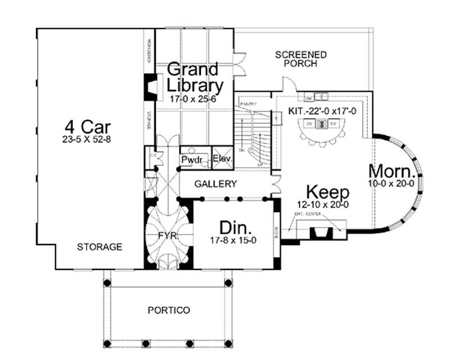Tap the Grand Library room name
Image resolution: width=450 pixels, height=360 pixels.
point(194,78)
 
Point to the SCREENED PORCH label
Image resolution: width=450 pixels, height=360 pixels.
point(301,59)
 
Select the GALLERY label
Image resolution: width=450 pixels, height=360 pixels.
point(215,184)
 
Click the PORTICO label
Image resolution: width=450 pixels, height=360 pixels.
point(169,310)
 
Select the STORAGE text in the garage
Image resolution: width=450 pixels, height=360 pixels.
point(100,246)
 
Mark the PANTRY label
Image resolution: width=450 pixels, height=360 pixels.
point(248,105)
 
